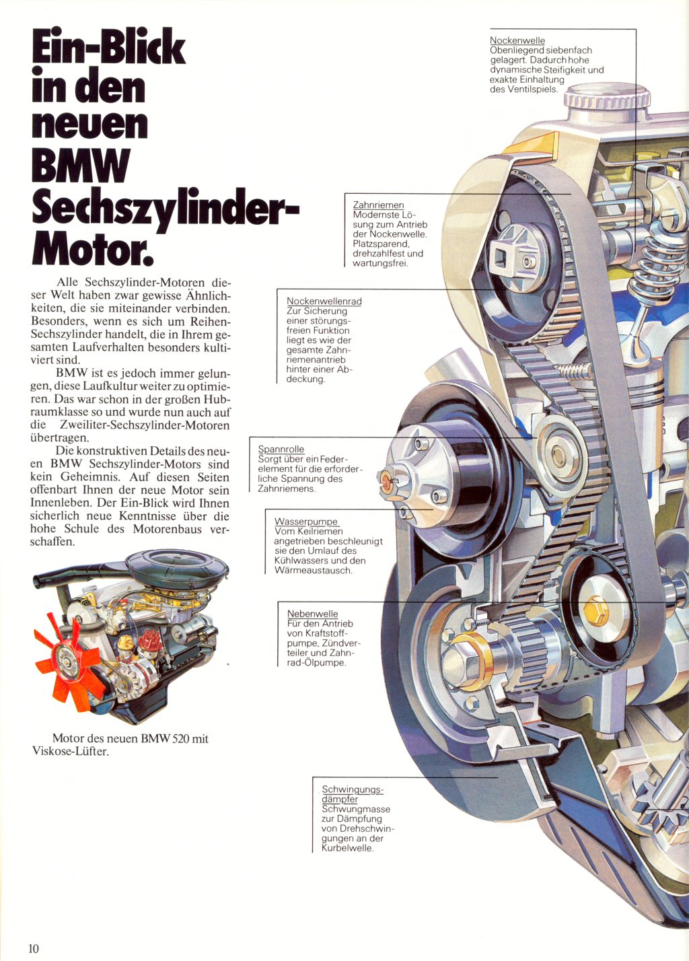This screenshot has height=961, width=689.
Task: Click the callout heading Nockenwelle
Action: click(517, 40)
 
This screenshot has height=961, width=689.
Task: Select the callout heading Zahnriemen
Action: click(378, 205)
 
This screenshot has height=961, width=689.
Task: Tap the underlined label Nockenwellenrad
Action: click(324, 301)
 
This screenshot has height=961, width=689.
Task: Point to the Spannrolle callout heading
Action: click(281, 449)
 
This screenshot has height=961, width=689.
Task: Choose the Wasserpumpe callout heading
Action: click(306, 522)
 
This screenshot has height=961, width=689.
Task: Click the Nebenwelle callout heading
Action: click(312, 614)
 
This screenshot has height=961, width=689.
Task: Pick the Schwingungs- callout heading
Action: click(352, 789)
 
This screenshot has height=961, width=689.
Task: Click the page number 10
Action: click(34, 948)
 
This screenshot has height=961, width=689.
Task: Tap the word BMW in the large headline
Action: click(81, 166)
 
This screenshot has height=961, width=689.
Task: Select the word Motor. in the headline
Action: click(92, 250)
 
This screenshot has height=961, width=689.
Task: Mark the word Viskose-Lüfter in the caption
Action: click(70, 751)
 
